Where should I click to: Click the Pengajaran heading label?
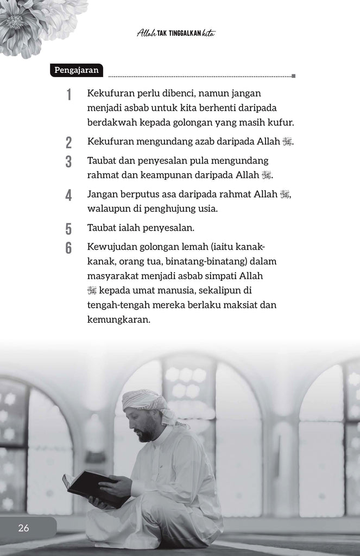pos(77,70)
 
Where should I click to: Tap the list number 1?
pos(69,95)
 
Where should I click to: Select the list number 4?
pos(68,195)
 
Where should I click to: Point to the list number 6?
pos(68,248)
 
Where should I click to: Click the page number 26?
pos(23,528)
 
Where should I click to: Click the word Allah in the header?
pos(146,34)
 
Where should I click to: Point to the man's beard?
pos(146,434)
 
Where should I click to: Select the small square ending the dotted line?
pos(293,76)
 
